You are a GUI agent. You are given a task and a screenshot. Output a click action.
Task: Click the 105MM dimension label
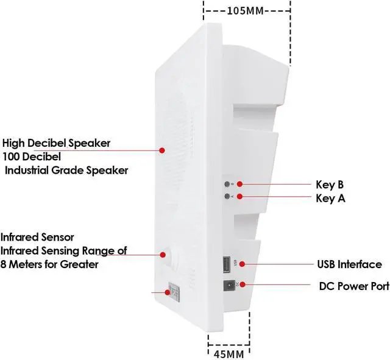pyautogui.click(x=247, y=10)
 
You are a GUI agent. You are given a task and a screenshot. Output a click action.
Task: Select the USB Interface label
pyautogui.click(x=349, y=264)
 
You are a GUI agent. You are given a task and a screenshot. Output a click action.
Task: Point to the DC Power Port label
pyautogui.click(x=354, y=286)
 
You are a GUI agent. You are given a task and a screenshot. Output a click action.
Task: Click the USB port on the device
pyautogui.click(x=225, y=265)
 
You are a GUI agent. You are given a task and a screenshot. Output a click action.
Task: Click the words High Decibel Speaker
pyautogui.click(x=57, y=143)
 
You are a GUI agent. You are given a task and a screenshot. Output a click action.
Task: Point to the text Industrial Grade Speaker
pyautogui.click(x=67, y=171)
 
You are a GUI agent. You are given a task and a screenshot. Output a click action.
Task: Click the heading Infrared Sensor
pyautogui.click(x=38, y=236)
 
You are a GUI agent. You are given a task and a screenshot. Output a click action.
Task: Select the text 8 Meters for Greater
pyautogui.click(x=50, y=264)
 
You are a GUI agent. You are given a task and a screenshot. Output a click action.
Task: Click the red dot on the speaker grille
pyautogui.click(x=163, y=149)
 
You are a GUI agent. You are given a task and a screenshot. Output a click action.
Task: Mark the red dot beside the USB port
pyautogui.click(x=242, y=264)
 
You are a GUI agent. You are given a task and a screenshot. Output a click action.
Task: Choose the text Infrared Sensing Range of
pyautogui.click(x=63, y=250)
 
